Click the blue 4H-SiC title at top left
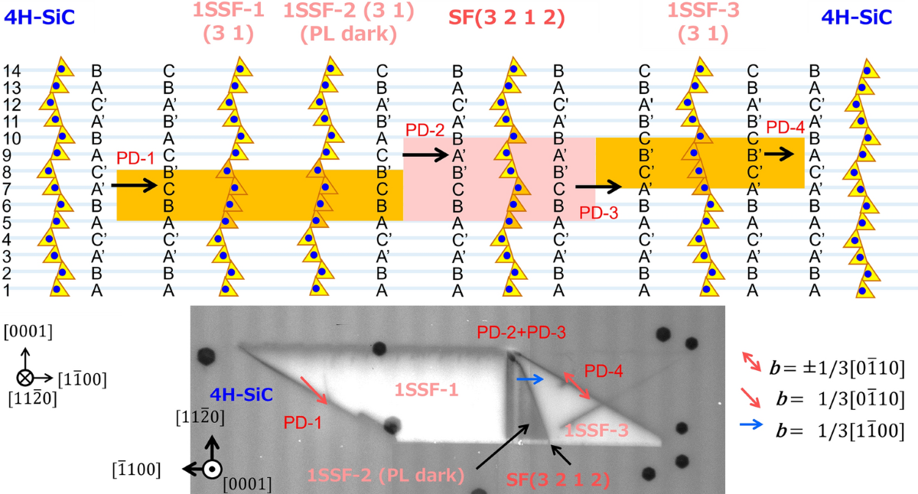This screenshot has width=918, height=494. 38,16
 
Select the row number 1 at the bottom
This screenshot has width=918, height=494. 7,290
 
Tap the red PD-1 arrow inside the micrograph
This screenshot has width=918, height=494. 315,390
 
